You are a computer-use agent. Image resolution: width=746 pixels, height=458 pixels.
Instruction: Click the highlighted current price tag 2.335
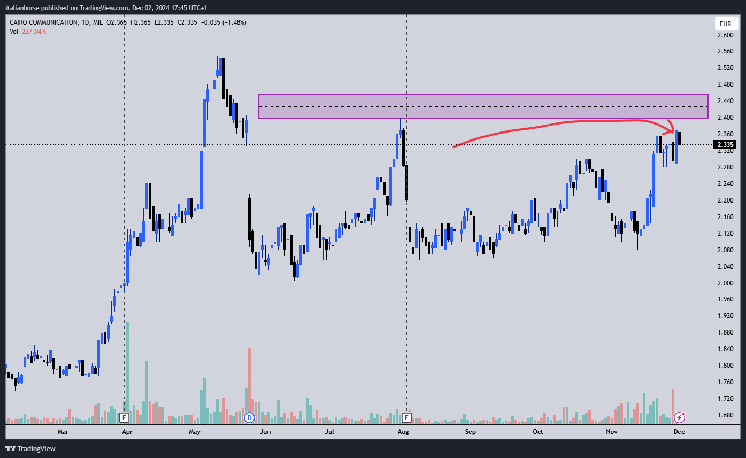click(x=726, y=145)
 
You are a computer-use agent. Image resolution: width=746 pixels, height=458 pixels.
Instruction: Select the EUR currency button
click(x=725, y=24)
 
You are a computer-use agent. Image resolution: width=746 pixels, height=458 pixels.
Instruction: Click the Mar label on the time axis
click(x=63, y=431)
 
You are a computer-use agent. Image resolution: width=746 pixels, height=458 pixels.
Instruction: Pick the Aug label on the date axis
click(x=404, y=431)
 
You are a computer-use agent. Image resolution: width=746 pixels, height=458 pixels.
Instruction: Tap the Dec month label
click(x=679, y=431)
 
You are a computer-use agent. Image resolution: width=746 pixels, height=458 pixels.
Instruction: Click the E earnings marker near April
click(x=125, y=417)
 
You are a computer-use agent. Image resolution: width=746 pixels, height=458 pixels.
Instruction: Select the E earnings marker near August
click(x=407, y=417)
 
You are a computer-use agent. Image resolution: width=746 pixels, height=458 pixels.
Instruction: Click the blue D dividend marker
click(x=249, y=417)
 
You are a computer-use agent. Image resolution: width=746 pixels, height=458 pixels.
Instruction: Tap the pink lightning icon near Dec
click(x=680, y=417)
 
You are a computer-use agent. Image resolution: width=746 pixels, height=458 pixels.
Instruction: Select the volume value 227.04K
click(x=34, y=32)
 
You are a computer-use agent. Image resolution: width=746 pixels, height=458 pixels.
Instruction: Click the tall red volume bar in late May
click(x=249, y=379)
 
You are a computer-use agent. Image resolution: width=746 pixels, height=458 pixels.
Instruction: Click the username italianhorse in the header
click(x=26, y=8)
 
